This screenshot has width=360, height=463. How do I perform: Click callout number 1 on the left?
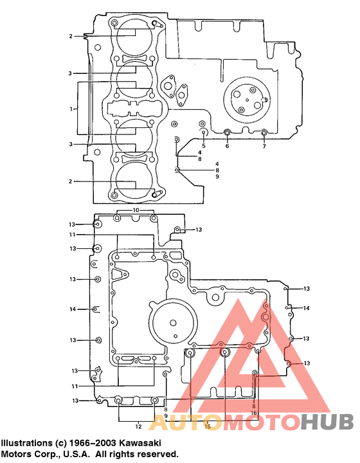[x=71, y=109]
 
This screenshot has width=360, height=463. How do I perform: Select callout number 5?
[x=203, y=146]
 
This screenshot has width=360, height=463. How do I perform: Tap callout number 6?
[x=227, y=146]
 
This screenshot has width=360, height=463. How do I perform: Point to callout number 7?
[x=264, y=146]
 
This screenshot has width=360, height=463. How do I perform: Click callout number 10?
[x=136, y=210]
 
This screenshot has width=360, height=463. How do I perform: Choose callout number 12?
[x=138, y=426]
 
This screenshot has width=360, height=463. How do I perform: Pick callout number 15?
[x=207, y=426]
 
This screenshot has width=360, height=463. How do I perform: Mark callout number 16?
[x=254, y=413]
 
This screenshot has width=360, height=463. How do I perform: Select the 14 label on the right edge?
[x=307, y=308]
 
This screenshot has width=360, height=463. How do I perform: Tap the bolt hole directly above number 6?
[x=227, y=133]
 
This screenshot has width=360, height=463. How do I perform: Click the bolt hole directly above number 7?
[x=264, y=133]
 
